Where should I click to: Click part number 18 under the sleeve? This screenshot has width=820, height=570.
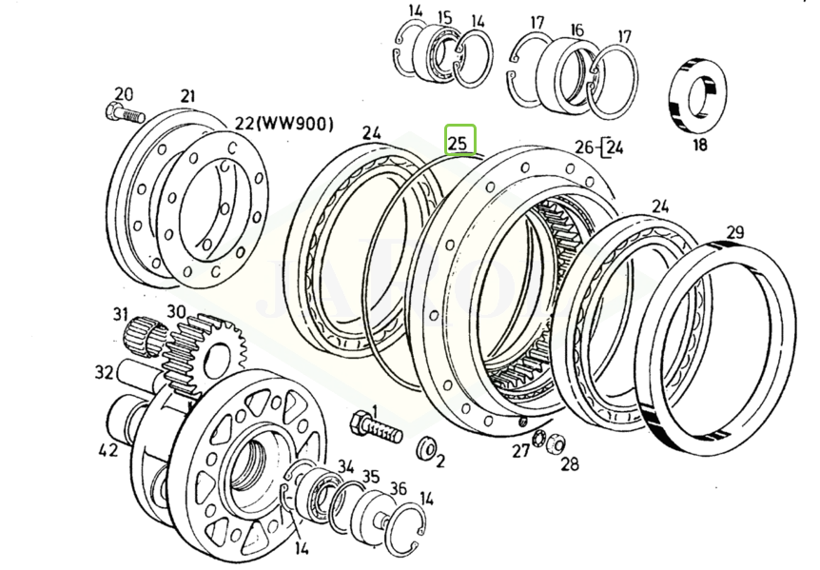(699, 146)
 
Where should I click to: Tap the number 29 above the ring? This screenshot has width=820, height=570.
(732, 230)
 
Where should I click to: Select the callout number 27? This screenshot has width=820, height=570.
(520, 450)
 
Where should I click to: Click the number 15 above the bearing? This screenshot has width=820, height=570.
(443, 17)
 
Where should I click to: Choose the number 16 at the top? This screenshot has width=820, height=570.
(576, 29)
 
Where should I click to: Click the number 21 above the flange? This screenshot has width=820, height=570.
(187, 95)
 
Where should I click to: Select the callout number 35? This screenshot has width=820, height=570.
(370, 477)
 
